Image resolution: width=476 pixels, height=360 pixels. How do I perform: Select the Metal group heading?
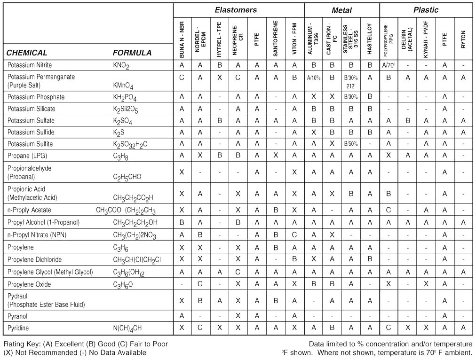[x=341, y=10]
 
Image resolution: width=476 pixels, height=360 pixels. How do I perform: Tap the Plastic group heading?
[x=426, y=10]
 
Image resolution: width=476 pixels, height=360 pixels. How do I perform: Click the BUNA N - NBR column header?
[x=182, y=39]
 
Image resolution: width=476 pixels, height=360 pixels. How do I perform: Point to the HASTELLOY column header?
[x=370, y=39]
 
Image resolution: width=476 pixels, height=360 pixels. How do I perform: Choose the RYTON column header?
[x=463, y=39]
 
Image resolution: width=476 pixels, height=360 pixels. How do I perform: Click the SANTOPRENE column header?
[x=276, y=39]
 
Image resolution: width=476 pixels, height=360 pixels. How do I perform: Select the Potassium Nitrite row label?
[x=30, y=65]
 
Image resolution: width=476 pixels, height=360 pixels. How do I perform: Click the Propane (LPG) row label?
[x=27, y=156]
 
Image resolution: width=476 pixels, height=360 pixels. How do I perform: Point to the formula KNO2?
[x=121, y=65]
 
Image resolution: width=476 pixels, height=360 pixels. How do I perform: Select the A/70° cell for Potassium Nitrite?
[x=389, y=65]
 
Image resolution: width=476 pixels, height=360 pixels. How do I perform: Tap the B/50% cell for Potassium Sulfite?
[x=351, y=144]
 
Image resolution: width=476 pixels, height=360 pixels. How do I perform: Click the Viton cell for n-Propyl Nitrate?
[x=294, y=235]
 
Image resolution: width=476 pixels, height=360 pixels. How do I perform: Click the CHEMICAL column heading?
[x=27, y=53]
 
